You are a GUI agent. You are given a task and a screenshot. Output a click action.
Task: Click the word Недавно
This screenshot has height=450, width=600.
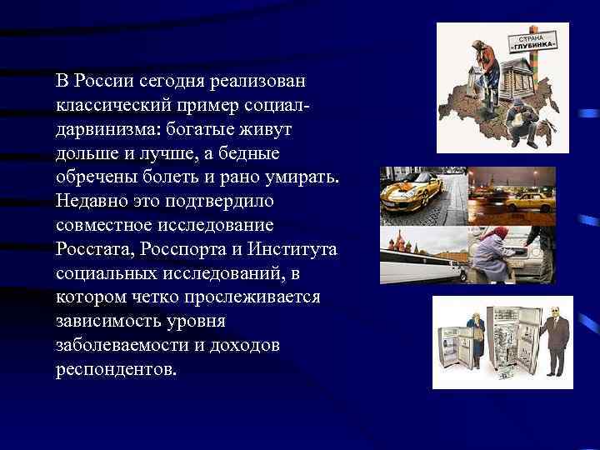coord(88,202)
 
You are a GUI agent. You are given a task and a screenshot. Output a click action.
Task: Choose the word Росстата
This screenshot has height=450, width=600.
coord(94,249)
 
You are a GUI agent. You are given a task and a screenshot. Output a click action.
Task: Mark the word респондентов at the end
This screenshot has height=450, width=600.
coord(116,369)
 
